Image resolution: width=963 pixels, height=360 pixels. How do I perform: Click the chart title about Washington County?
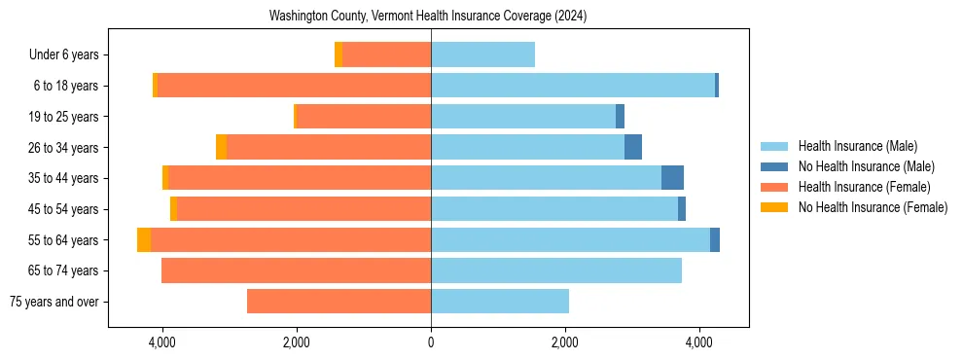tap(428, 17)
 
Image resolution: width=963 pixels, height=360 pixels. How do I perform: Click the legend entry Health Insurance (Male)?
tap(857, 146)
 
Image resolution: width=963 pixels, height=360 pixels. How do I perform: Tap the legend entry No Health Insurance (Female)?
tap(873, 207)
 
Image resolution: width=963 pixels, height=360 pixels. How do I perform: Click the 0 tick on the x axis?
tap(431, 342)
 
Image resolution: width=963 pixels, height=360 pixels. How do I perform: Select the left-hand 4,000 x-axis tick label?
tap(161, 342)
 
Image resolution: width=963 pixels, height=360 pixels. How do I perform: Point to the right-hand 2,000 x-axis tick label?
tap(565, 342)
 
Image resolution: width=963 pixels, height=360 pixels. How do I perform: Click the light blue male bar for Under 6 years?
tap(482, 55)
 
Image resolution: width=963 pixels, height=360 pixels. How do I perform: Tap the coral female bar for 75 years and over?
tap(339, 302)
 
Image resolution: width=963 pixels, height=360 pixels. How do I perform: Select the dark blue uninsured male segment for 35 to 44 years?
tap(672, 178)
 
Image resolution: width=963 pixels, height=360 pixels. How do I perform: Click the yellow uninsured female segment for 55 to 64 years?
tap(144, 240)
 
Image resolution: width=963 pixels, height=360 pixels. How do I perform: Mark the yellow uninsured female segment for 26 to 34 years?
tap(221, 148)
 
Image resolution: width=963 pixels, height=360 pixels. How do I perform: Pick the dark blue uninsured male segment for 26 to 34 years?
tap(633, 148)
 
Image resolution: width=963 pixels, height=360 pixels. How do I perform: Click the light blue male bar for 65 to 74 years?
tap(556, 270)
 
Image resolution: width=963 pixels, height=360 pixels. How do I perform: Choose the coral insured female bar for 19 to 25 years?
tap(364, 117)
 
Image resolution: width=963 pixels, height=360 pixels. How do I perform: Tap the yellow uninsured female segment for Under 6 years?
tap(339, 55)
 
